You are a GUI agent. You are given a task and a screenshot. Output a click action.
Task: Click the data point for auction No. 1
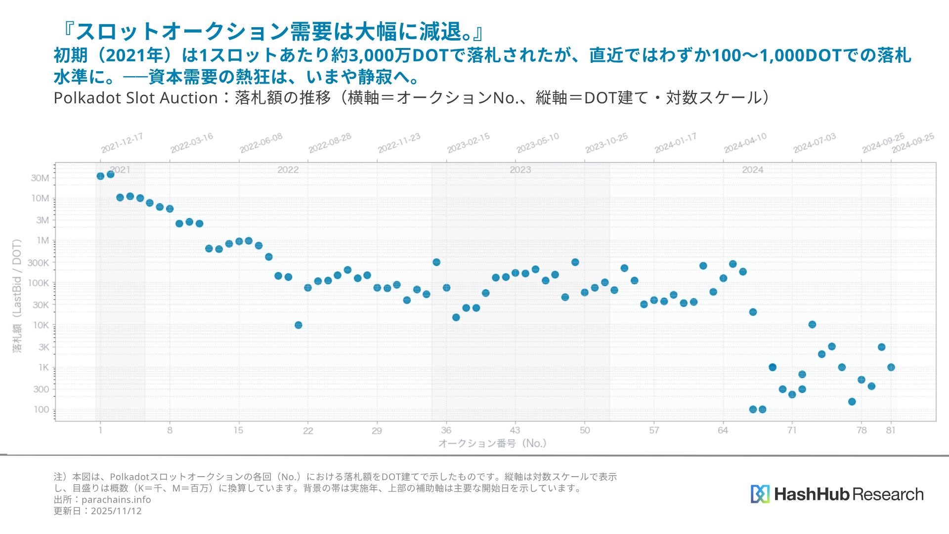100,176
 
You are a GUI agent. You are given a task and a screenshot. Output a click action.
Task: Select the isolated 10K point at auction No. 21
298,325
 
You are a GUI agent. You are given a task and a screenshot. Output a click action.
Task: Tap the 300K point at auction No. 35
436,262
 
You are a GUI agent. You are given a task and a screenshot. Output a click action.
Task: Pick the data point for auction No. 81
891,367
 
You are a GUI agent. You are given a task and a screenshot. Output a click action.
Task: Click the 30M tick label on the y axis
40,178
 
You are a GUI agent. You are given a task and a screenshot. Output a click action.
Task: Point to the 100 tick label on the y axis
42,409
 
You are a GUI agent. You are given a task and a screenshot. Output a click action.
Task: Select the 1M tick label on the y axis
43,241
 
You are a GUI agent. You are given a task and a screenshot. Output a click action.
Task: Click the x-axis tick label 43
515,430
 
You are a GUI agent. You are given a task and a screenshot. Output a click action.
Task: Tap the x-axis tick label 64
723,430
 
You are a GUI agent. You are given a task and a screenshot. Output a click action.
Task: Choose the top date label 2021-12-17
122,142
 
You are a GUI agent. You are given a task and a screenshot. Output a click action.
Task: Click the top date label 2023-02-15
469,142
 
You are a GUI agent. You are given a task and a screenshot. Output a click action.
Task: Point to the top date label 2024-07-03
815,142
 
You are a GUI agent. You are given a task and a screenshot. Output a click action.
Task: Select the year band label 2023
520,170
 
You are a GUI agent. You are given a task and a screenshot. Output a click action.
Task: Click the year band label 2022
288,170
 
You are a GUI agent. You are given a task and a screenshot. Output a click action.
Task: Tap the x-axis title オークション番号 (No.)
492,443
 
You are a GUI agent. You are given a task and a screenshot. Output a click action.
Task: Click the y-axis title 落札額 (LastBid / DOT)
17,296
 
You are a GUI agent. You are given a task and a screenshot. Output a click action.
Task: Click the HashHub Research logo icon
760,494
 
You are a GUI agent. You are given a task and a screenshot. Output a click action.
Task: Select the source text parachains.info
116,499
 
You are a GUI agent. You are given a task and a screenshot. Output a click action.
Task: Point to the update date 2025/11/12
116,511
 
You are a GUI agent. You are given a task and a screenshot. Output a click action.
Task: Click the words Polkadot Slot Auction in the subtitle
135,98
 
